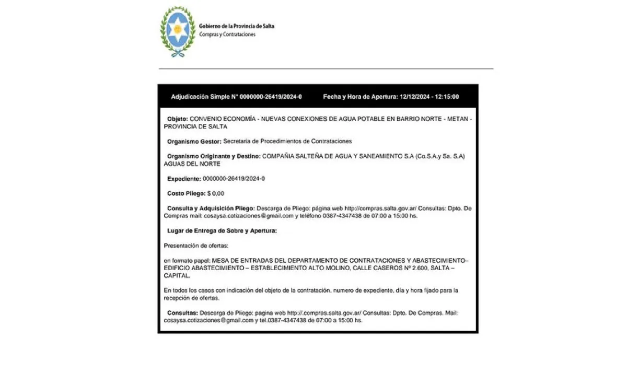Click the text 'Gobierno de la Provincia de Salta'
(x=236, y=26)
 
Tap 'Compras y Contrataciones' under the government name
(x=227, y=34)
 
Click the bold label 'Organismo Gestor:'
(x=194, y=141)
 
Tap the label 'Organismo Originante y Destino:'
(x=213, y=156)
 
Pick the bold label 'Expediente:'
(x=183, y=179)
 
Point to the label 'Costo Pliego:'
(x=185, y=193)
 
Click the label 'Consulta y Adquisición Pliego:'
(x=211, y=208)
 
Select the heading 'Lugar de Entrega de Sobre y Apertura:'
(x=222, y=230)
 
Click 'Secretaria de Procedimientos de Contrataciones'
(x=287, y=141)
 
